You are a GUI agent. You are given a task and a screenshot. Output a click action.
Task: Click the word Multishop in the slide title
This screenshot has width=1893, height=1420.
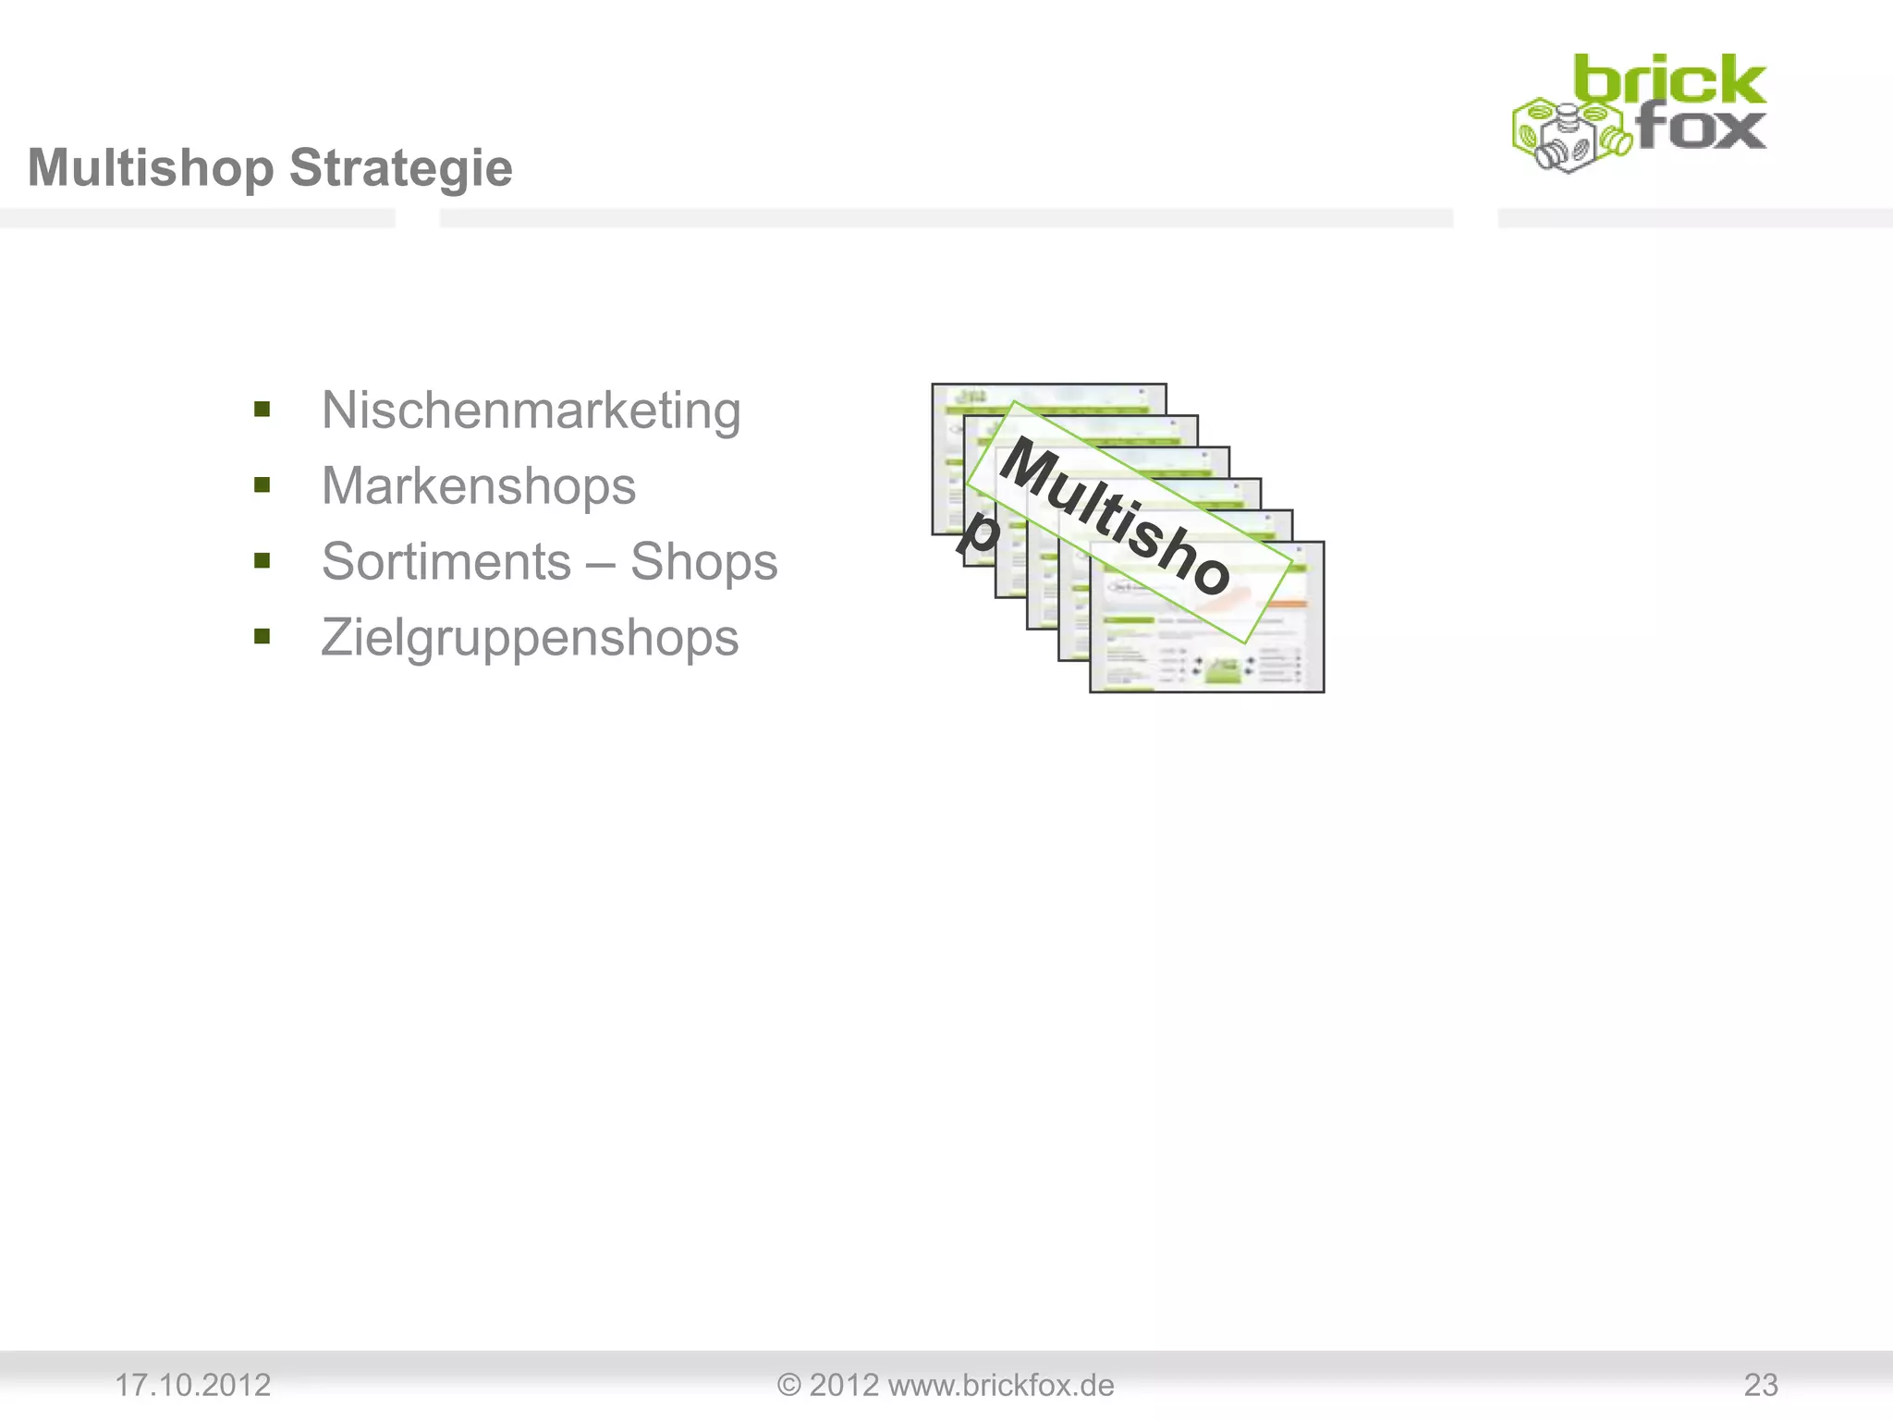152,168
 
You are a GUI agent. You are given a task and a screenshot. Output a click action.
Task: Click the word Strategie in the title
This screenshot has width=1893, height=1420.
400,168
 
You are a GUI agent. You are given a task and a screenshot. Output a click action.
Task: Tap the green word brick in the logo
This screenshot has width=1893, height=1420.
1668,81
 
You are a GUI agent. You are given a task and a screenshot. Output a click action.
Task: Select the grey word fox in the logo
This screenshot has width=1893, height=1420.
1701,129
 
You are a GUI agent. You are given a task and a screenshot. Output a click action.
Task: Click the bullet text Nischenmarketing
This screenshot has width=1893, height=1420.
531,410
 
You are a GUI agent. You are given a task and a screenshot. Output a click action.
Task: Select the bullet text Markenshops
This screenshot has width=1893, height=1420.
478,486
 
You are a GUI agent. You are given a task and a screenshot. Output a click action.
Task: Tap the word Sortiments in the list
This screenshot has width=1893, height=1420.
446,562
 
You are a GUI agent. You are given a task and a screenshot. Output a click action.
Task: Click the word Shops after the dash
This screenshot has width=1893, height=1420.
703,562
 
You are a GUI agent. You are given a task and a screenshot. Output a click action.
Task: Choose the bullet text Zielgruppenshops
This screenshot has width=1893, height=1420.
530,638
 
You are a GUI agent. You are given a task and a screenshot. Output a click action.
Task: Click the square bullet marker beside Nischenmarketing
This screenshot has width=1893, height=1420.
263,410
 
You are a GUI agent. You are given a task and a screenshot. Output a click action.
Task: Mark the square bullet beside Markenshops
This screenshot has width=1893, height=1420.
263,485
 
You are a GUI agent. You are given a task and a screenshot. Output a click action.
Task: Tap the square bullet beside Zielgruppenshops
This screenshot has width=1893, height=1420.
263,637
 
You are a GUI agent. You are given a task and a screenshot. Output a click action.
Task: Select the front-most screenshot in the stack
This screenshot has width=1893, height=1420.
1206,647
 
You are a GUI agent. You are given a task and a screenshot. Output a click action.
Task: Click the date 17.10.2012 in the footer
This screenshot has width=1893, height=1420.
192,1385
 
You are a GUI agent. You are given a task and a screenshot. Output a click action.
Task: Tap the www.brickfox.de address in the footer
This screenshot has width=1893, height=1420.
1000,1385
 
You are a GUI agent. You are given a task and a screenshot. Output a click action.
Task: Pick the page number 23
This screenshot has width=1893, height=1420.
1760,1385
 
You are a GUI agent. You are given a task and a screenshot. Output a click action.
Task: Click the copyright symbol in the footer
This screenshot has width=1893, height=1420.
788,1385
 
